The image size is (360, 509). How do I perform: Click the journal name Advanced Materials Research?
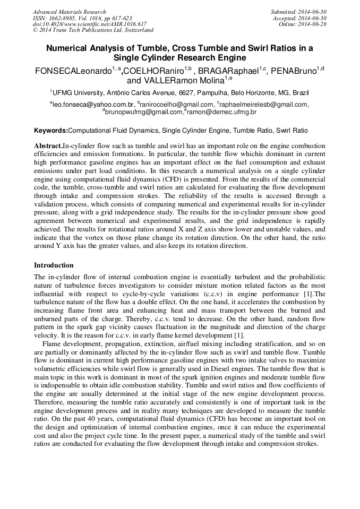pos(69,12)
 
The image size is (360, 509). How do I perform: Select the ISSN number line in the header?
pos(82,18)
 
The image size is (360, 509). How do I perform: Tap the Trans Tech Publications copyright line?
pos(93,30)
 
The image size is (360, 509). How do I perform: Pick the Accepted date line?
pos(299,18)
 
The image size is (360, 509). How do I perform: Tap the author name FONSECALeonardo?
pos(72,71)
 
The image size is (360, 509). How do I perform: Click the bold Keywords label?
pos(51,131)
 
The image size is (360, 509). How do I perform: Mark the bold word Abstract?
pos(48,146)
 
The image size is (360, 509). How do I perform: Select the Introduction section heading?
pos(54,265)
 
